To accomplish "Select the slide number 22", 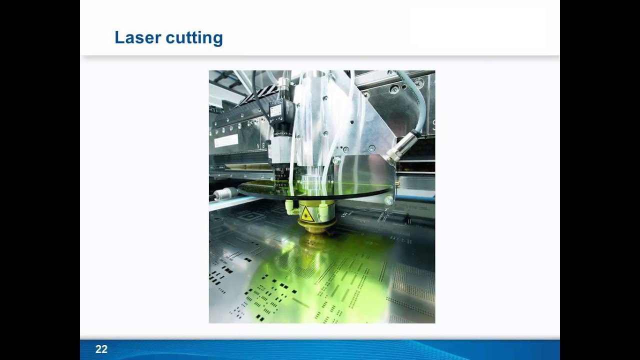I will pos(101,349).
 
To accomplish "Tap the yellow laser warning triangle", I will pos(306,214).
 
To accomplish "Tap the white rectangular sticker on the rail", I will pos(226,140).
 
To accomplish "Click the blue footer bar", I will pos(320,349).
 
